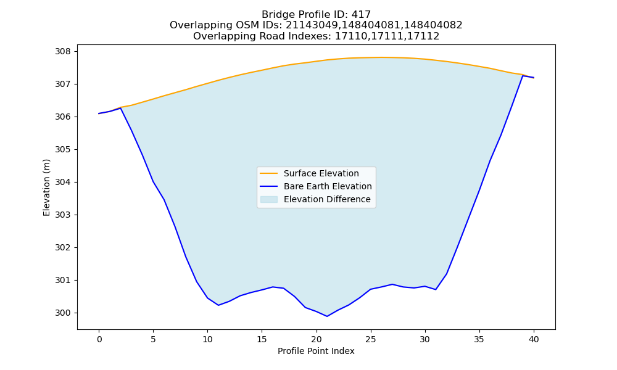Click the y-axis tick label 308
pyautogui.click(x=63, y=52)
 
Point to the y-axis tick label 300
pyautogui.click(x=63, y=313)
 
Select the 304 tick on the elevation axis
pyautogui.click(x=63, y=183)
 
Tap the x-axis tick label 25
pyautogui.click(x=371, y=340)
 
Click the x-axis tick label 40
pyautogui.click(x=534, y=340)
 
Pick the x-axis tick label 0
pyautogui.click(x=99, y=340)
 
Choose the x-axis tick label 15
pyautogui.click(x=262, y=340)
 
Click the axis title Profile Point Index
pyautogui.click(x=316, y=351)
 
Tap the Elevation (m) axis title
pyautogui.click(x=46, y=187)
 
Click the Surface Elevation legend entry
pyautogui.click(x=321, y=173)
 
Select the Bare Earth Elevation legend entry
pyautogui.click(x=328, y=186)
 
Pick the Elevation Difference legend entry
pyautogui.click(x=327, y=199)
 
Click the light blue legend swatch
pyautogui.click(x=269, y=199)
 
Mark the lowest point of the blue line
pyautogui.click(x=327, y=316)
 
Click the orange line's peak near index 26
pyautogui.click(x=381, y=57)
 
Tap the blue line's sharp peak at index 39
pyautogui.click(x=523, y=75)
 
